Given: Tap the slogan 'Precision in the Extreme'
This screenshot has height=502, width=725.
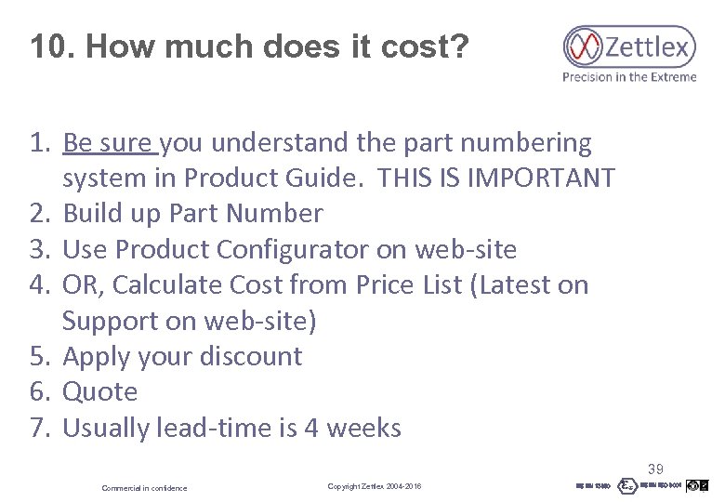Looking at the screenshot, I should coord(629,77).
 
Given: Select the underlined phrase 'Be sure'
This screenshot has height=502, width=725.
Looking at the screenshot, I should coord(110,143).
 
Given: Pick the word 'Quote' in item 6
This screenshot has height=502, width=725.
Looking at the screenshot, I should coord(99,391).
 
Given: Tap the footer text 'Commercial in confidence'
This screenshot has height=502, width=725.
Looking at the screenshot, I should coord(144,488).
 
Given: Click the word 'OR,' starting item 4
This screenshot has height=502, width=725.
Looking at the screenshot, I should coord(81,284).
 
